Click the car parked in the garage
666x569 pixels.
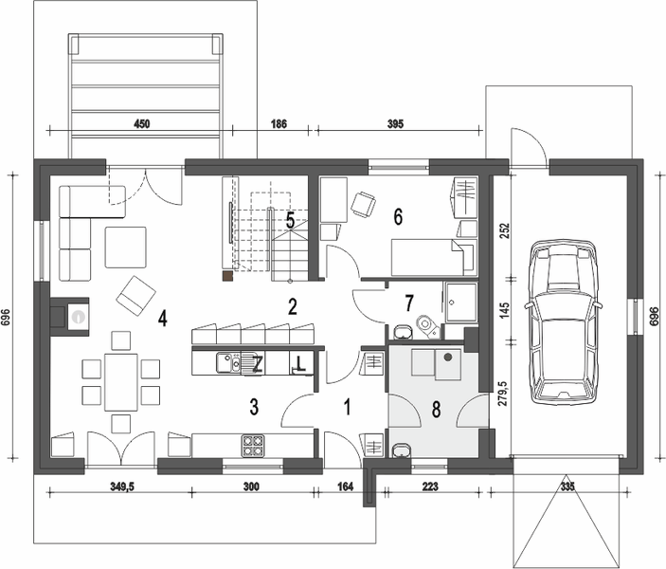[x=565, y=320]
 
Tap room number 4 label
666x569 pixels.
[x=163, y=318]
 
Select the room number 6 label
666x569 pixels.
[x=399, y=216]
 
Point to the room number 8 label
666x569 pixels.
[x=436, y=410]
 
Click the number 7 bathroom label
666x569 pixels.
[x=409, y=303]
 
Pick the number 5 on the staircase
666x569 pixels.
[x=291, y=219]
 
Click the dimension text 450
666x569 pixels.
[x=142, y=123]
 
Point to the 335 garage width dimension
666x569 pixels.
[x=567, y=486]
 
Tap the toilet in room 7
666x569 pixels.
[x=427, y=328]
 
